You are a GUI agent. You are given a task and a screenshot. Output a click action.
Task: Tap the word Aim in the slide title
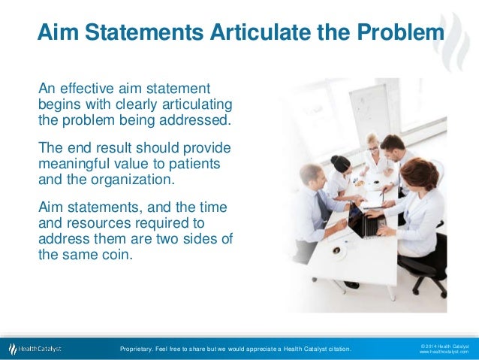[59, 34]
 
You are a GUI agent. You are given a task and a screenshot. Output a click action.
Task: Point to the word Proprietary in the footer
[139, 349]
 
